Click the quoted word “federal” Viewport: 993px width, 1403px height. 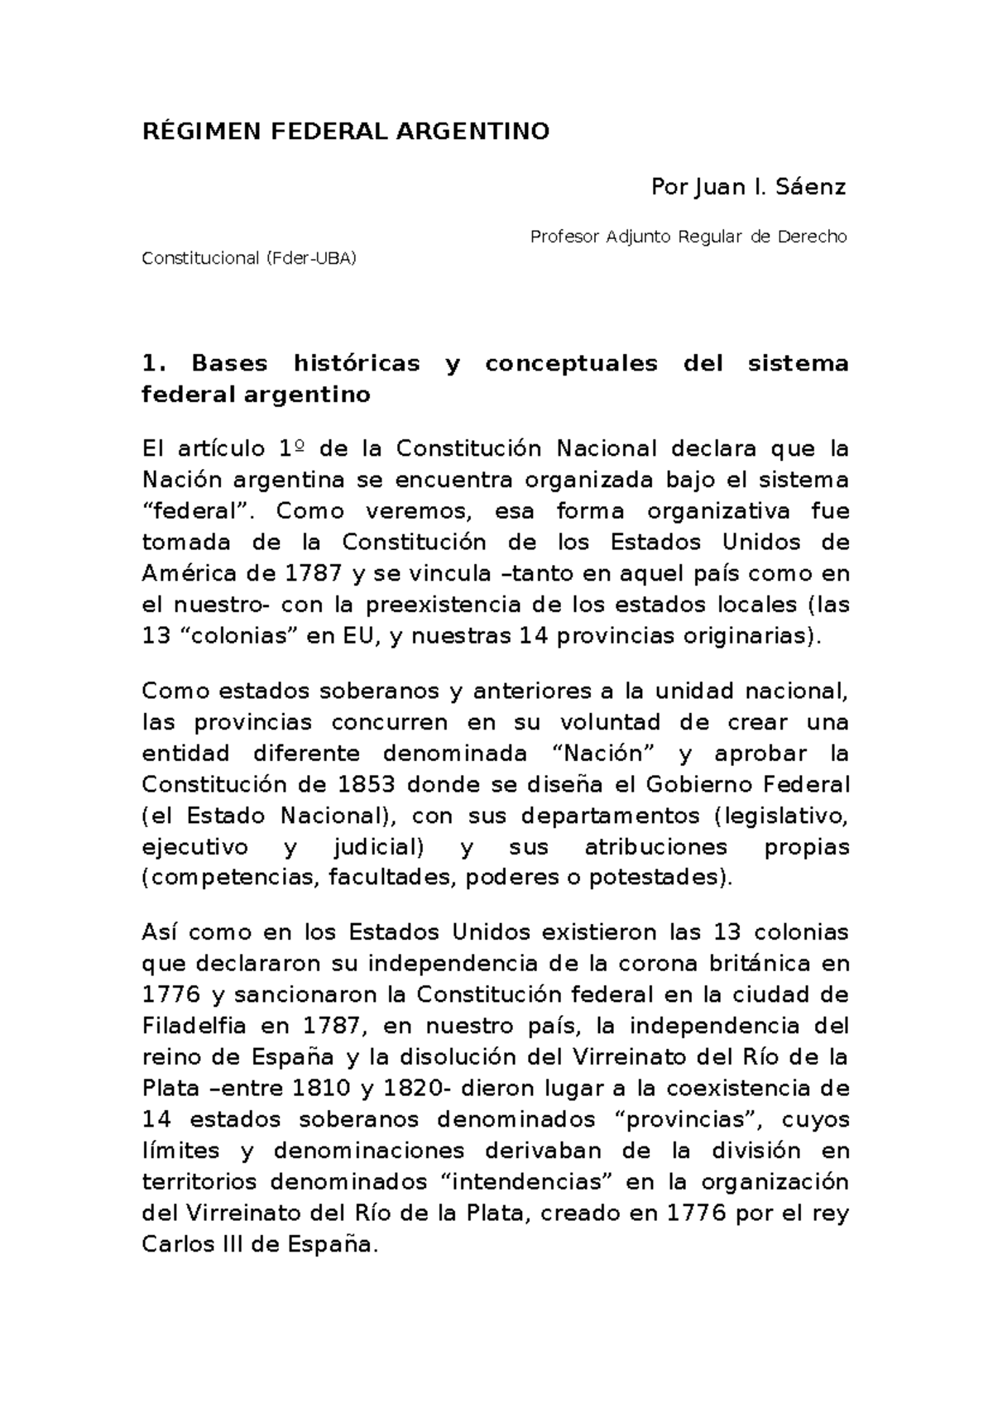point(196,511)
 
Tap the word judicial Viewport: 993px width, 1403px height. point(375,847)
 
